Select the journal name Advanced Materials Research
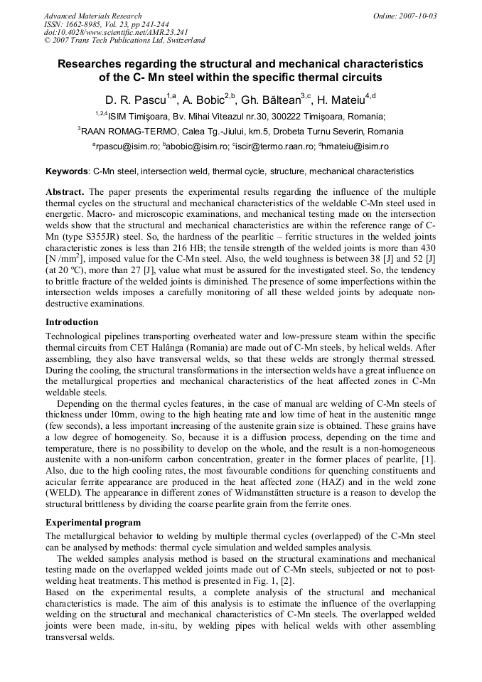tap(92, 16)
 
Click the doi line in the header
tap(106, 33)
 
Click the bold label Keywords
tap(67, 171)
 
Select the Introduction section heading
tap(72, 322)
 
